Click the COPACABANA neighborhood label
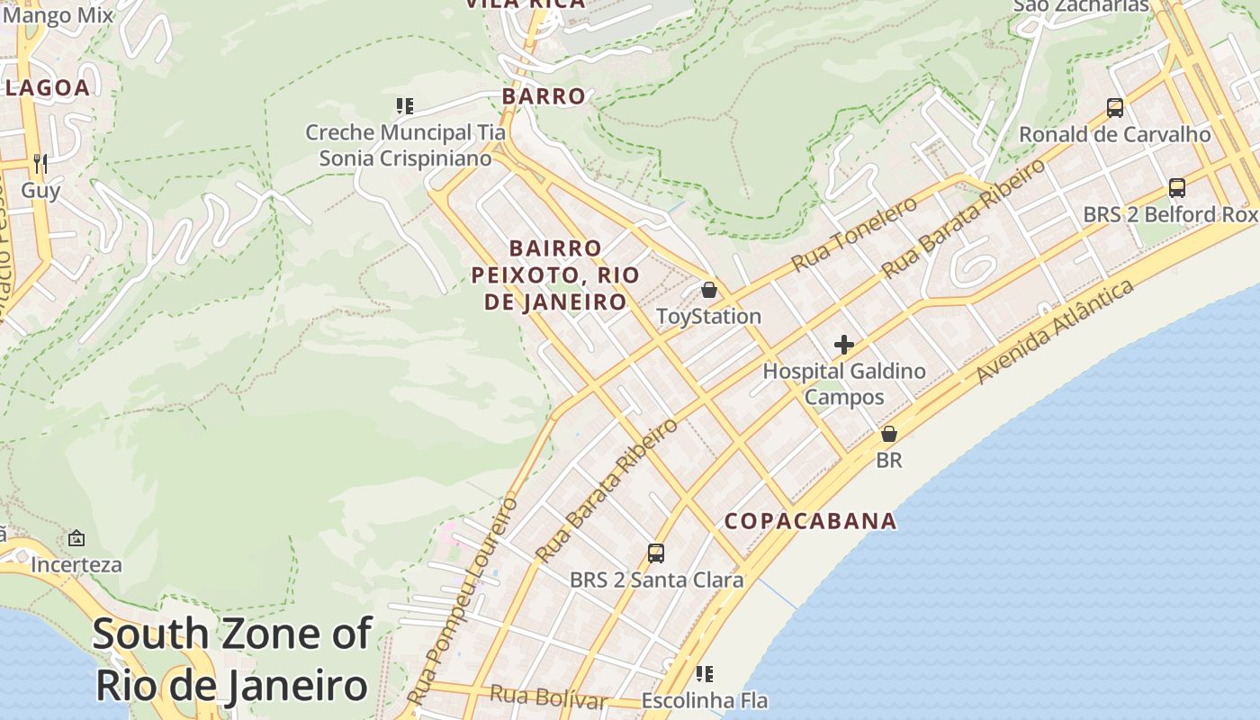(810, 521)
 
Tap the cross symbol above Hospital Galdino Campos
(844, 345)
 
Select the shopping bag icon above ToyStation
(709, 290)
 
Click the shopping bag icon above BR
(889, 434)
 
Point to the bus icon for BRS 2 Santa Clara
(656, 553)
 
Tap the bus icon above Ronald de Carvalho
(1115, 108)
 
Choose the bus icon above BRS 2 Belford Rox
(1176, 188)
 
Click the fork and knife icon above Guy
(40, 163)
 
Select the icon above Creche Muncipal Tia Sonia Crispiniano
(405, 106)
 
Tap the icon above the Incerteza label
(76, 538)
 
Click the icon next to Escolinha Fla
(705, 673)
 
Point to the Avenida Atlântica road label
(1055, 331)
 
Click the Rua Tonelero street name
(854, 233)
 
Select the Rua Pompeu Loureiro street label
(462, 600)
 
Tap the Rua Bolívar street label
(547, 697)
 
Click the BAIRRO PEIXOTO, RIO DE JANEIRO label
(555, 274)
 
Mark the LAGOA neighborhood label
(49, 87)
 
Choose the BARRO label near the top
(544, 96)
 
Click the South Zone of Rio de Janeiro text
(232, 660)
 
